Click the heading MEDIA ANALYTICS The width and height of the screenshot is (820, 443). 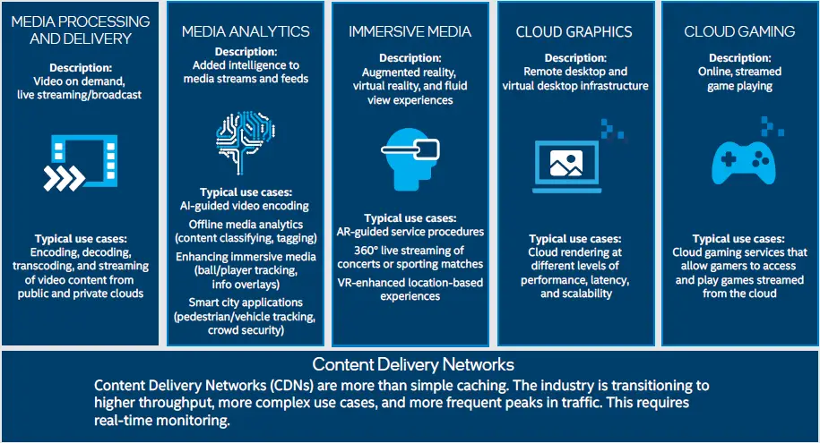[x=246, y=31]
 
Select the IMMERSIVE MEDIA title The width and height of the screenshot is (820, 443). [x=410, y=32]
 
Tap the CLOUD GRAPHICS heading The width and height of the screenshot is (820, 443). [x=574, y=32]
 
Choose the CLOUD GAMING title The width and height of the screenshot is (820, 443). [x=739, y=32]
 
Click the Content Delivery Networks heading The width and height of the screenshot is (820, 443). [x=413, y=365]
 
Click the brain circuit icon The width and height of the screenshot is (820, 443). [x=246, y=141]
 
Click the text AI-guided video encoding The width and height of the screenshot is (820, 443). [x=246, y=206]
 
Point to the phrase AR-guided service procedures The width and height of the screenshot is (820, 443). [x=410, y=232]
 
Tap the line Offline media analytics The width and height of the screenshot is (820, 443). [x=246, y=224]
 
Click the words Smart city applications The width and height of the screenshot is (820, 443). [x=246, y=302]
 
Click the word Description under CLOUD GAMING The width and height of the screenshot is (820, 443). [x=739, y=58]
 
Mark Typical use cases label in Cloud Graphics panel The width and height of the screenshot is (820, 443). [x=574, y=239]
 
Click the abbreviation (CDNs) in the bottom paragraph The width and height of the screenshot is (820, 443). [x=292, y=386]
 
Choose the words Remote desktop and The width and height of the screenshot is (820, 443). [x=574, y=72]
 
